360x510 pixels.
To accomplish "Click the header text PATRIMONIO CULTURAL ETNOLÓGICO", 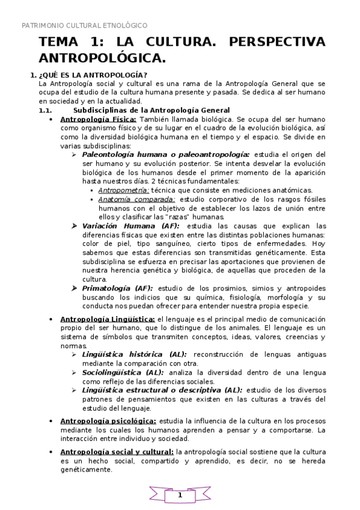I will [x=84, y=26].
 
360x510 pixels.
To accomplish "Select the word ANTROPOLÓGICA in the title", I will [x=102, y=58].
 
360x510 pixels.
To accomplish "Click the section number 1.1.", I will [x=45, y=110].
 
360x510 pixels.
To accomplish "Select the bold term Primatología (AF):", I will [x=117, y=289].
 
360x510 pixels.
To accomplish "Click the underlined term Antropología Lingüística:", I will [x=107, y=319].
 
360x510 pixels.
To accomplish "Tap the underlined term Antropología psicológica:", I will [x=108, y=421].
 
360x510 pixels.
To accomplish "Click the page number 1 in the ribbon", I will [x=179, y=495].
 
